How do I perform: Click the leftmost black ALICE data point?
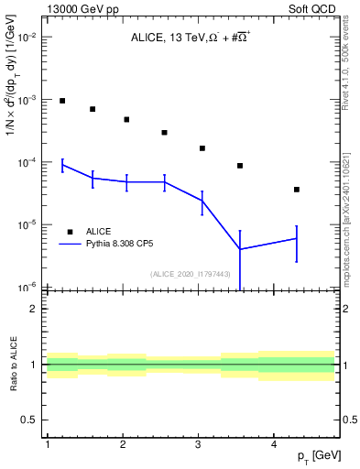[62, 101]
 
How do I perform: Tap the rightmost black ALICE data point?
[297, 190]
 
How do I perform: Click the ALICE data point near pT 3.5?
[240, 166]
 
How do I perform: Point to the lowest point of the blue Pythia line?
[240, 249]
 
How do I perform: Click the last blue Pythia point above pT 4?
[297, 238]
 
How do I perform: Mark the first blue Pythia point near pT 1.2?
[62, 165]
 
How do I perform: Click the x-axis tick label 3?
[199, 444]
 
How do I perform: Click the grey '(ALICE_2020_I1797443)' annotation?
[191, 273]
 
